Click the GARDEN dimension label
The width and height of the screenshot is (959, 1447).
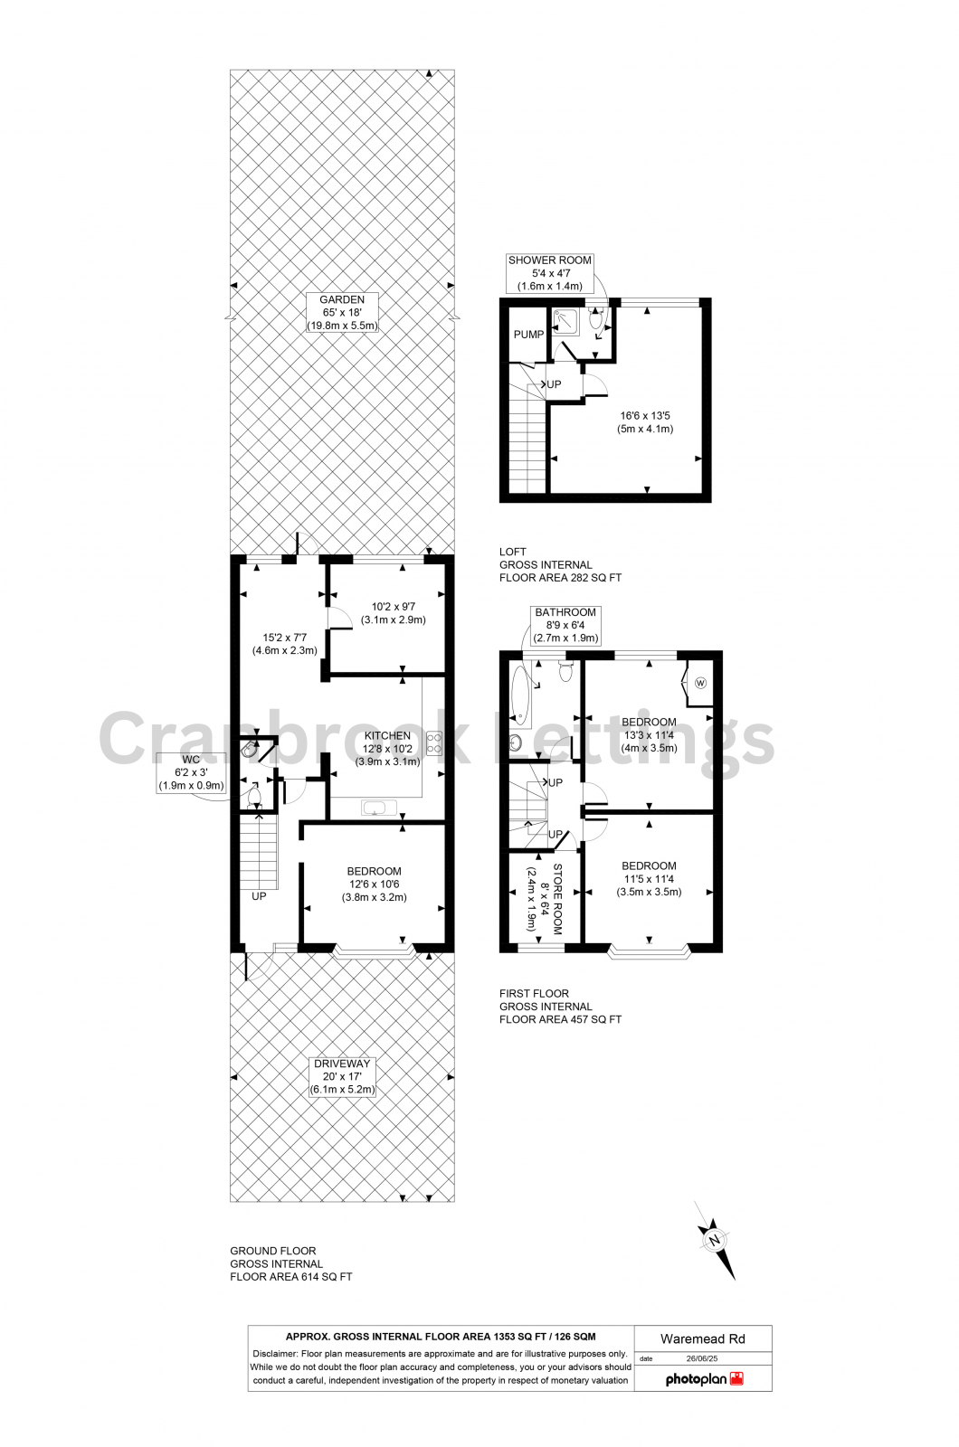tap(342, 312)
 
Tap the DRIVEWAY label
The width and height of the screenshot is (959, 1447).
tap(342, 1076)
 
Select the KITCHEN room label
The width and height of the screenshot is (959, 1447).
tap(387, 748)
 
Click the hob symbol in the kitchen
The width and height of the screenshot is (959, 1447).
tap(434, 742)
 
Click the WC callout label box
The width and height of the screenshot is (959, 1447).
tap(191, 772)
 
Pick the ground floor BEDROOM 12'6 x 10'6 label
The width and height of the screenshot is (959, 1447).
tap(374, 884)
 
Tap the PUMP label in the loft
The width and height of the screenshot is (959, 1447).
tap(528, 335)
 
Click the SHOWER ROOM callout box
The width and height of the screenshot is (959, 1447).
tap(549, 272)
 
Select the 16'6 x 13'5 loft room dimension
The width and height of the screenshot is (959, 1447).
tap(645, 422)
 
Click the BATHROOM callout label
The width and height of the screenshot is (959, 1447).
tap(565, 624)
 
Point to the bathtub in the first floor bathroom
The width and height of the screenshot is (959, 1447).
tap(521, 697)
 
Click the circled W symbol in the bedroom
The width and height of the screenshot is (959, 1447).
tap(700, 683)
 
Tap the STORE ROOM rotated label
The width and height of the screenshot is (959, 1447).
tap(545, 899)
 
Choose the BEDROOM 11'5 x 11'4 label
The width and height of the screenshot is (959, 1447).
tap(649, 878)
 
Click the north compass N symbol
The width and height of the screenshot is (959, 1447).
tap(715, 1240)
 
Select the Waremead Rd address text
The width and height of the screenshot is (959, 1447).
tap(702, 1338)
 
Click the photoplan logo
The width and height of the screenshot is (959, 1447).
tap(704, 1379)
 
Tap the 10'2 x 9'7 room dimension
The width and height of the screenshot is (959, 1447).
tap(393, 613)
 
